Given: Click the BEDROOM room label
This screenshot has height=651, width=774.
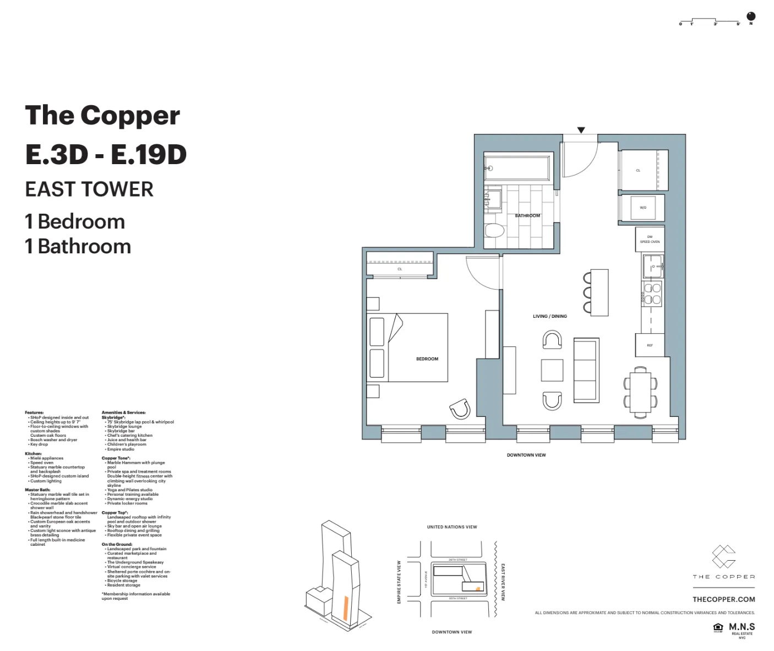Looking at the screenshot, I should tap(427, 359).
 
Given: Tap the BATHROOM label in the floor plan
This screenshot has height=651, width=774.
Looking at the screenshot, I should tap(527, 216).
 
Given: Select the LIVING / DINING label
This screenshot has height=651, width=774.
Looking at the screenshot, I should tap(549, 317).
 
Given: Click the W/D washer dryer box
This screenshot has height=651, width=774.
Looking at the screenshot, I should tap(642, 208).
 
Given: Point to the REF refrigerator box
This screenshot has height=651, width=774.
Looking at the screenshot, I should tap(650, 345).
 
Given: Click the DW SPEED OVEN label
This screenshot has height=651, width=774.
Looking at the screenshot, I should tap(650, 240).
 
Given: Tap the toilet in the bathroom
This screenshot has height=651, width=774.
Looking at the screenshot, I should tap(494, 231).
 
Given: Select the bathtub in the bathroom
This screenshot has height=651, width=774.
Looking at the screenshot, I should tap(516, 167).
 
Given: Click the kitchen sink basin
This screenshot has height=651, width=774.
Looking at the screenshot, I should tap(653, 267).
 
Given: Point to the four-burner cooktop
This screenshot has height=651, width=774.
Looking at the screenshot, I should tap(652, 294).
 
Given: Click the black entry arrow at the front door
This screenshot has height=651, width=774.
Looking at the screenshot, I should tap(581, 131).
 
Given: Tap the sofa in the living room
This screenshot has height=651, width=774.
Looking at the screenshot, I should tap(586, 370).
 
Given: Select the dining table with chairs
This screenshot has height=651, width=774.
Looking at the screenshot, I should tap(640, 392).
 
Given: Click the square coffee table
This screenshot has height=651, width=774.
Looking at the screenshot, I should tap(552, 370).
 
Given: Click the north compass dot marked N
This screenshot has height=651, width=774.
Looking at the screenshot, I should tap(751, 17).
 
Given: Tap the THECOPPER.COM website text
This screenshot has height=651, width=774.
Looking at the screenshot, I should tap(723, 599).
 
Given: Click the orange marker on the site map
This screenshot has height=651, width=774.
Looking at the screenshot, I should tap(478, 589).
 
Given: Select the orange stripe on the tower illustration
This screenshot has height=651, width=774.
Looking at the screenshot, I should tap(344, 608).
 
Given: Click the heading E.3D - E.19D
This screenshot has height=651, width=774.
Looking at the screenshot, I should tap(106, 155).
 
